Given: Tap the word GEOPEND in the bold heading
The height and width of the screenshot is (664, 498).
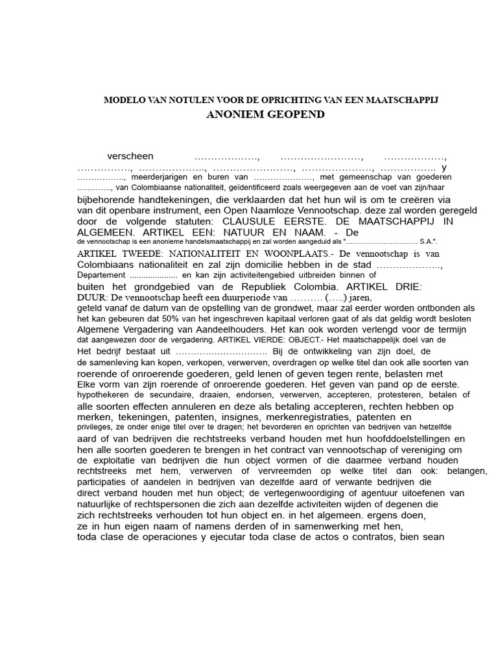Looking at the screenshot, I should tap(296, 115).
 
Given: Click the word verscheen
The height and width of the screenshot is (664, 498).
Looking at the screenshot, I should tap(130, 156).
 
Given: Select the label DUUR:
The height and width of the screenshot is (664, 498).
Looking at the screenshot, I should tap(93, 296).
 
